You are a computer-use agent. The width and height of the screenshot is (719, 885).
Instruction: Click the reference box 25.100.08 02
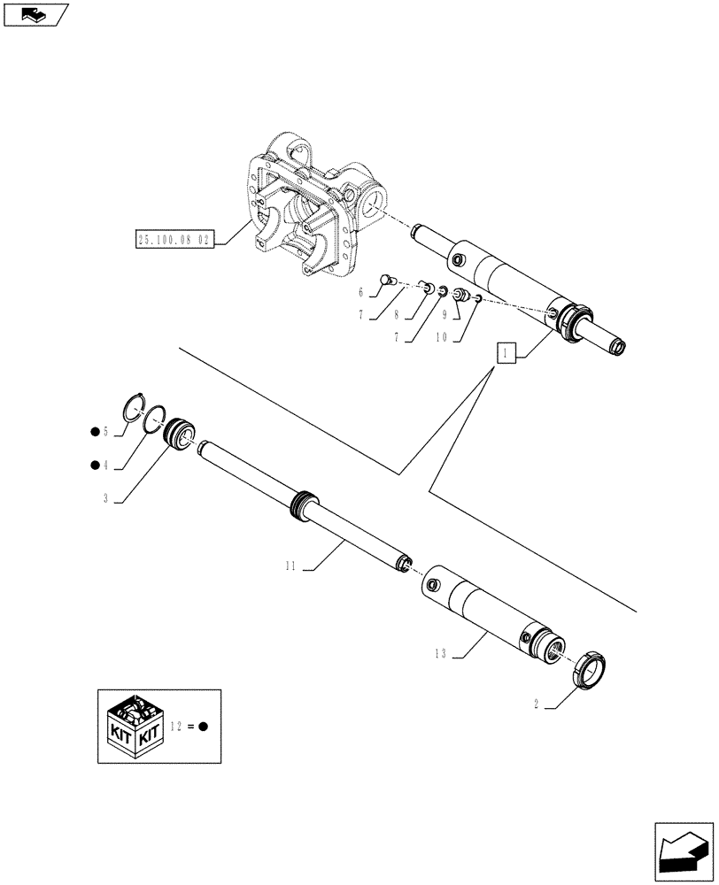(175, 239)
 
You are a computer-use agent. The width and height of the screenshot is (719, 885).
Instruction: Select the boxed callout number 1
(504, 355)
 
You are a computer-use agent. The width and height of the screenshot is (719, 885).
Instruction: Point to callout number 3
(105, 499)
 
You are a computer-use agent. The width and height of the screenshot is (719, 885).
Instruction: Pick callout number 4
(105, 465)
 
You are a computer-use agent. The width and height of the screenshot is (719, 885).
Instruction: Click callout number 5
(105, 431)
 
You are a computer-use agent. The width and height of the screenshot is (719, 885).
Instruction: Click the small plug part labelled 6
(386, 281)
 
